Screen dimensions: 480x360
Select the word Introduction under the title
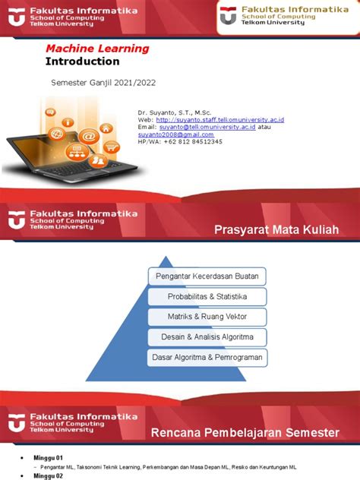pyautogui.click(x=83, y=61)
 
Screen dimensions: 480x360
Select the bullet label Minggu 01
pyautogui.click(x=43, y=459)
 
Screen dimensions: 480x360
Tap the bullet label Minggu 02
pyautogui.click(x=43, y=475)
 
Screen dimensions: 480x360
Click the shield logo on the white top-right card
pyautogui.click(x=228, y=16)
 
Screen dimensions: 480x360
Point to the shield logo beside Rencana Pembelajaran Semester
pyautogui.click(x=17, y=424)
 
